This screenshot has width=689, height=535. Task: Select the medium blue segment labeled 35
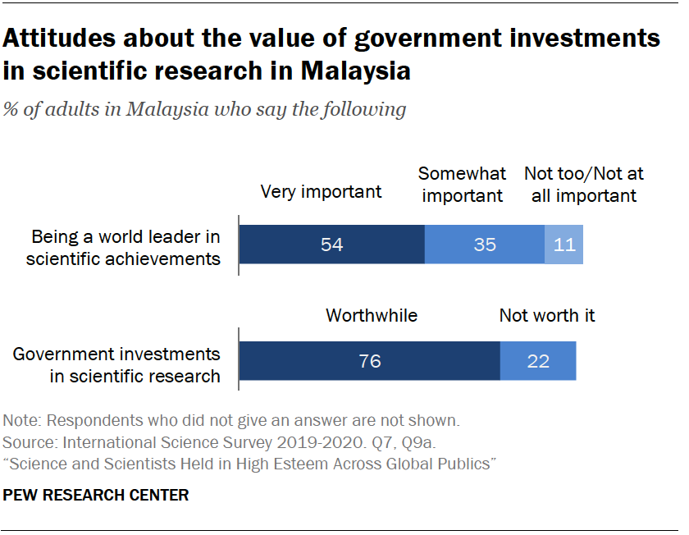(x=485, y=245)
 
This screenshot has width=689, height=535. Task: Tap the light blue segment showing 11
(x=564, y=245)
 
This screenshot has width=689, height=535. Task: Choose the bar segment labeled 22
(x=538, y=361)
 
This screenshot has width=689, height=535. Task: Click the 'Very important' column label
(x=321, y=192)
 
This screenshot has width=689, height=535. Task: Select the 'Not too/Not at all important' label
(x=583, y=185)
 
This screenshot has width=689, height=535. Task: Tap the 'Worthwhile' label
(x=372, y=315)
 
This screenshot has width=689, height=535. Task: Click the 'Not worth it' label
(x=547, y=315)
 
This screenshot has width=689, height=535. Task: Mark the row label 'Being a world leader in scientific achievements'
(x=123, y=248)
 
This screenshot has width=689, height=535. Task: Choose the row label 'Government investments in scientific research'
(x=116, y=365)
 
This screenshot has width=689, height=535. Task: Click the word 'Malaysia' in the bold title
(x=355, y=71)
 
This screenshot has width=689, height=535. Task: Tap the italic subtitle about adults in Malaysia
(x=204, y=109)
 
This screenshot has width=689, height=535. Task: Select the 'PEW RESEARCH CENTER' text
(x=96, y=495)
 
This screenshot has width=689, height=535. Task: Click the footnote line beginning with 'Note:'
(x=231, y=421)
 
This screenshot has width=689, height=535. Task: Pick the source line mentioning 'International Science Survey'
(x=220, y=443)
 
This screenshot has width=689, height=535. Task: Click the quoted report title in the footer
(x=249, y=464)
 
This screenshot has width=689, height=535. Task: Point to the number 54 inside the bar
(x=331, y=245)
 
